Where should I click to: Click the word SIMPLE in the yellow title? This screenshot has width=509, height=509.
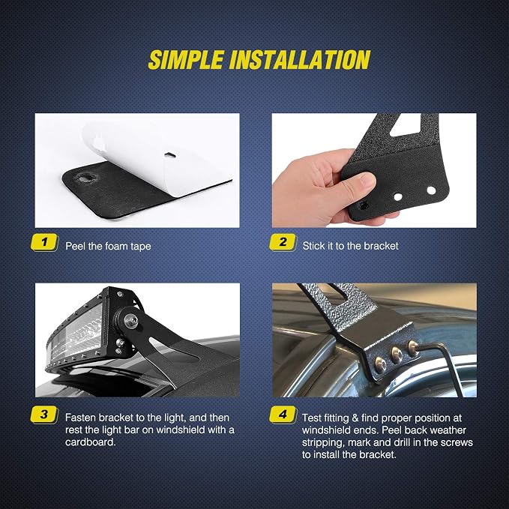pyautogui.click(x=186, y=60)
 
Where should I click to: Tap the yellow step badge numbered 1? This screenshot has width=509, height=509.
pyautogui.click(x=44, y=242)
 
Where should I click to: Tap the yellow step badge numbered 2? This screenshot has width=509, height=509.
pyautogui.click(x=283, y=242)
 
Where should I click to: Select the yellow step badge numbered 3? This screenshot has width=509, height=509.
pyautogui.click(x=44, y=415)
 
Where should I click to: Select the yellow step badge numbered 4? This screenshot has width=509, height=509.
pyautogui.click(x=283, y=415)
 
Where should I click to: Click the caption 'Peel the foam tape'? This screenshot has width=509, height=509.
pyautogui.click(x=108, y=246)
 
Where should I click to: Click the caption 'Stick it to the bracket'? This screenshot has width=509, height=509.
pyautogui.click(x=350, y=246)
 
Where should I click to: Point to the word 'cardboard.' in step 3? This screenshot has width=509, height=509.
pyautogui.click(x=91, y=442)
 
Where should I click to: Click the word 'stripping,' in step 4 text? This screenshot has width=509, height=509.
pyautogui.click(x=323, y=443)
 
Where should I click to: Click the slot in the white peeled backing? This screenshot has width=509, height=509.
pyautogui.click(x=169, y=155)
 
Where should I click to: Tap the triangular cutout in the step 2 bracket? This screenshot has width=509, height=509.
pyautogui.click(x=406, y=127)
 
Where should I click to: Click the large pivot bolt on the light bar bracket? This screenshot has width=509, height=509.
pyautogui.click(x=131, y=321)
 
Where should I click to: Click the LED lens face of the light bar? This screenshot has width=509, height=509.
pyautogui.click(x=74, y=334)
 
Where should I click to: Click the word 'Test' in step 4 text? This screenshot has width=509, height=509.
pyautogui.click(x=312, y=418)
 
